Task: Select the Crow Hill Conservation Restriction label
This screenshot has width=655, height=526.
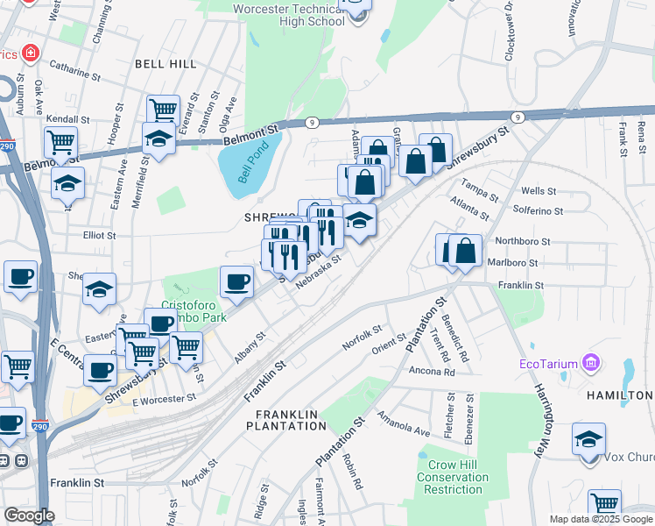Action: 453,477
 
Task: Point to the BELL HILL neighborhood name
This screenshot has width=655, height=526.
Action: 166,64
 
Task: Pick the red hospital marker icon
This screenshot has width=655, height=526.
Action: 31,54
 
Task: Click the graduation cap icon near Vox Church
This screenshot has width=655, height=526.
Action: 588,438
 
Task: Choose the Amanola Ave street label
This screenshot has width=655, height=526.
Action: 404,423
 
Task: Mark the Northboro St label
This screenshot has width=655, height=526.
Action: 522,241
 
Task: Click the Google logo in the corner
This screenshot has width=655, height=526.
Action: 29,515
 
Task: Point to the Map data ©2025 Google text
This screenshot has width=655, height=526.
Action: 600,519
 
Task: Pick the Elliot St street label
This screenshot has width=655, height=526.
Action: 99,235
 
